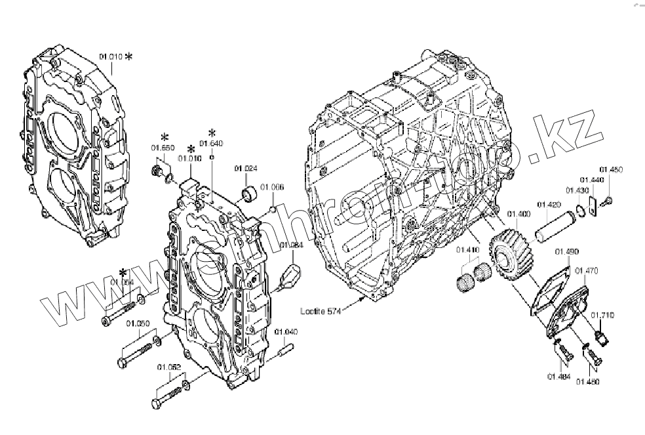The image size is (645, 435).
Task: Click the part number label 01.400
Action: click(x=519, y=215)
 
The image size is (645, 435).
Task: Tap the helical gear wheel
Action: click(x=515, y=256)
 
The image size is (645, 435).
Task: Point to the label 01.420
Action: click(x=549, y=205)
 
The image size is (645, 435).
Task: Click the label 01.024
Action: click(x=244, y=169)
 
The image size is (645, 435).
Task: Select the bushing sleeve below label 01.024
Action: click(x=250, y=194)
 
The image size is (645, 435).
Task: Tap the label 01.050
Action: click(x=138, y=323)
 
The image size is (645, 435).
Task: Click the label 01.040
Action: click(x=286, y=331)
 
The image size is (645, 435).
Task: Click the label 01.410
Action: click(x=468, y=250)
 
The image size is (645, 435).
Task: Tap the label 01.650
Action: click(x=164, y=148)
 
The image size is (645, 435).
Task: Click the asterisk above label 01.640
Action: click(x=212, y=133)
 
